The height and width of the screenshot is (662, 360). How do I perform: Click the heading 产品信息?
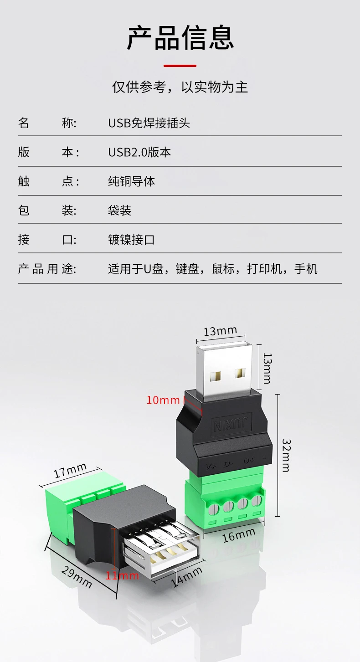180,38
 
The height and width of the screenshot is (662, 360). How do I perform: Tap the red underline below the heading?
180,66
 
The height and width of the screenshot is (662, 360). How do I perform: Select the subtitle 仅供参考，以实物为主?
180,87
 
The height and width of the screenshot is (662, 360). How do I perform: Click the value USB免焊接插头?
149,123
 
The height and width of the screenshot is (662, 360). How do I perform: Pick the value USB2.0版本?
139,152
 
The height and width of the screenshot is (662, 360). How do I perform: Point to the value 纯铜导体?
131,181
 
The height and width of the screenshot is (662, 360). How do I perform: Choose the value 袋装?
119,210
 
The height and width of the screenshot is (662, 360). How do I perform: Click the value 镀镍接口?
131,240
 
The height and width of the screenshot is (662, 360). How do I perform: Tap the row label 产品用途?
47,269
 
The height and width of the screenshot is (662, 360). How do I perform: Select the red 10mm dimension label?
163,400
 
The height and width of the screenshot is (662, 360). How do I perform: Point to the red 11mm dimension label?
122,575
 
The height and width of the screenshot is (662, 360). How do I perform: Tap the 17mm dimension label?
70,470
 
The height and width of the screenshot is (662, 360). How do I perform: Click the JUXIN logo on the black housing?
232,424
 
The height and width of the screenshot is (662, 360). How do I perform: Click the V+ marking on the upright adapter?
211,467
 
